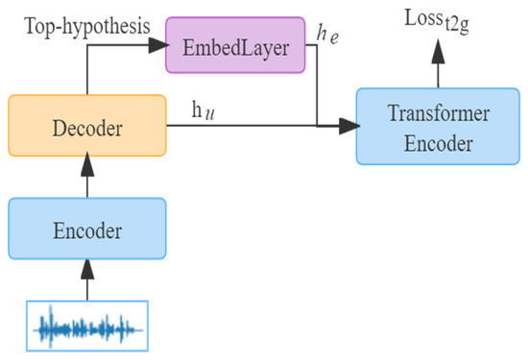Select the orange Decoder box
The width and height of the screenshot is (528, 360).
(86, 125)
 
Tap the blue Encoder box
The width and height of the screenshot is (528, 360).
(86, 228)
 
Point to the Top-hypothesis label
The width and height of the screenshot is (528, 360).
(84, 27)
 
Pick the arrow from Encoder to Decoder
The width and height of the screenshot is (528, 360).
(86, 177)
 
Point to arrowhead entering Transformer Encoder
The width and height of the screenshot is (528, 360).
(348, 125)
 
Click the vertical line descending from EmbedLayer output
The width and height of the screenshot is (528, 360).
(317, 86)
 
